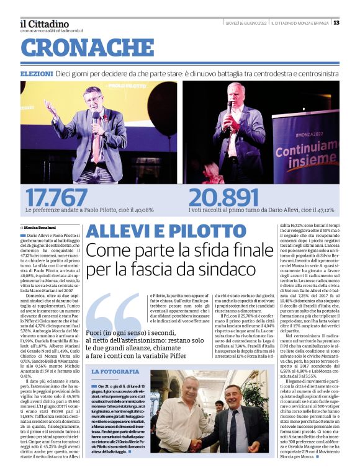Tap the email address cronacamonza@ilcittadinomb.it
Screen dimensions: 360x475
coord(52,30)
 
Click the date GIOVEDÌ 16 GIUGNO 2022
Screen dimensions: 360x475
coord(245,23)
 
